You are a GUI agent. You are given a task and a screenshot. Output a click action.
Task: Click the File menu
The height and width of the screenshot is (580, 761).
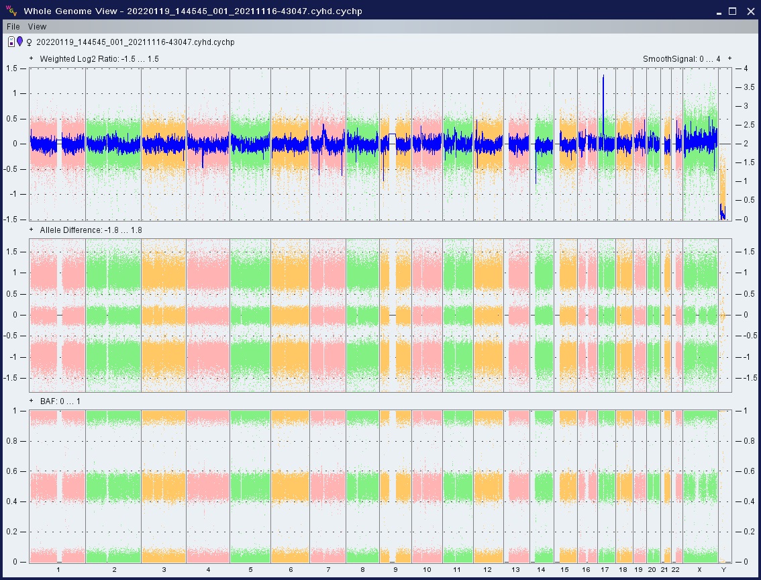(13, 26)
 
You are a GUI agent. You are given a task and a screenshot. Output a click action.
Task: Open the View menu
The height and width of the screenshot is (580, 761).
(37, 26)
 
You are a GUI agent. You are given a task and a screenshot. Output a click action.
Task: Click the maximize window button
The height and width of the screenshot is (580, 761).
(733, 11)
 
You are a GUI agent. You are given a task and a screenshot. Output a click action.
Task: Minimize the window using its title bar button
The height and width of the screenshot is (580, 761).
(717, 11)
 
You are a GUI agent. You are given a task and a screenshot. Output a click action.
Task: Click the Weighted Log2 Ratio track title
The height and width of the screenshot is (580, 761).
(99, 59)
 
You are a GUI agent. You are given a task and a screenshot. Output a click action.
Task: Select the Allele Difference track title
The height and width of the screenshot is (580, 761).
(91, 230)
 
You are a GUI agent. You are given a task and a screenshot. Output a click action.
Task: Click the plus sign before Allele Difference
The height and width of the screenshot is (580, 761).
(32, 230)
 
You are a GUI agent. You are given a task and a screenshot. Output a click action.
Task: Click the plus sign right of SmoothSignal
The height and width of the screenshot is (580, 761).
(729, 59)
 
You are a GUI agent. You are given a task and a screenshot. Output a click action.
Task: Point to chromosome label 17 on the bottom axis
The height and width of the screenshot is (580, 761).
(605, 570)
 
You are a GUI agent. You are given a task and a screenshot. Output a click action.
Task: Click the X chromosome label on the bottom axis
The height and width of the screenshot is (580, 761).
(699, 570)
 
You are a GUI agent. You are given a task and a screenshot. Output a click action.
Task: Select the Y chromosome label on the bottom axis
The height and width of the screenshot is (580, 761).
(723, 570)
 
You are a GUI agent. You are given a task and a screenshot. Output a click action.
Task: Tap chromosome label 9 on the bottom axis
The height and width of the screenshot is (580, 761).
(395, 570)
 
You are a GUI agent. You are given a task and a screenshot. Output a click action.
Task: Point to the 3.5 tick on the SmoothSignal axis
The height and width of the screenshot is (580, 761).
(740, 87)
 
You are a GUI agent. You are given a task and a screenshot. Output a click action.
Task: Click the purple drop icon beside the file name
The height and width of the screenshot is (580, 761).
(20, 42)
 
